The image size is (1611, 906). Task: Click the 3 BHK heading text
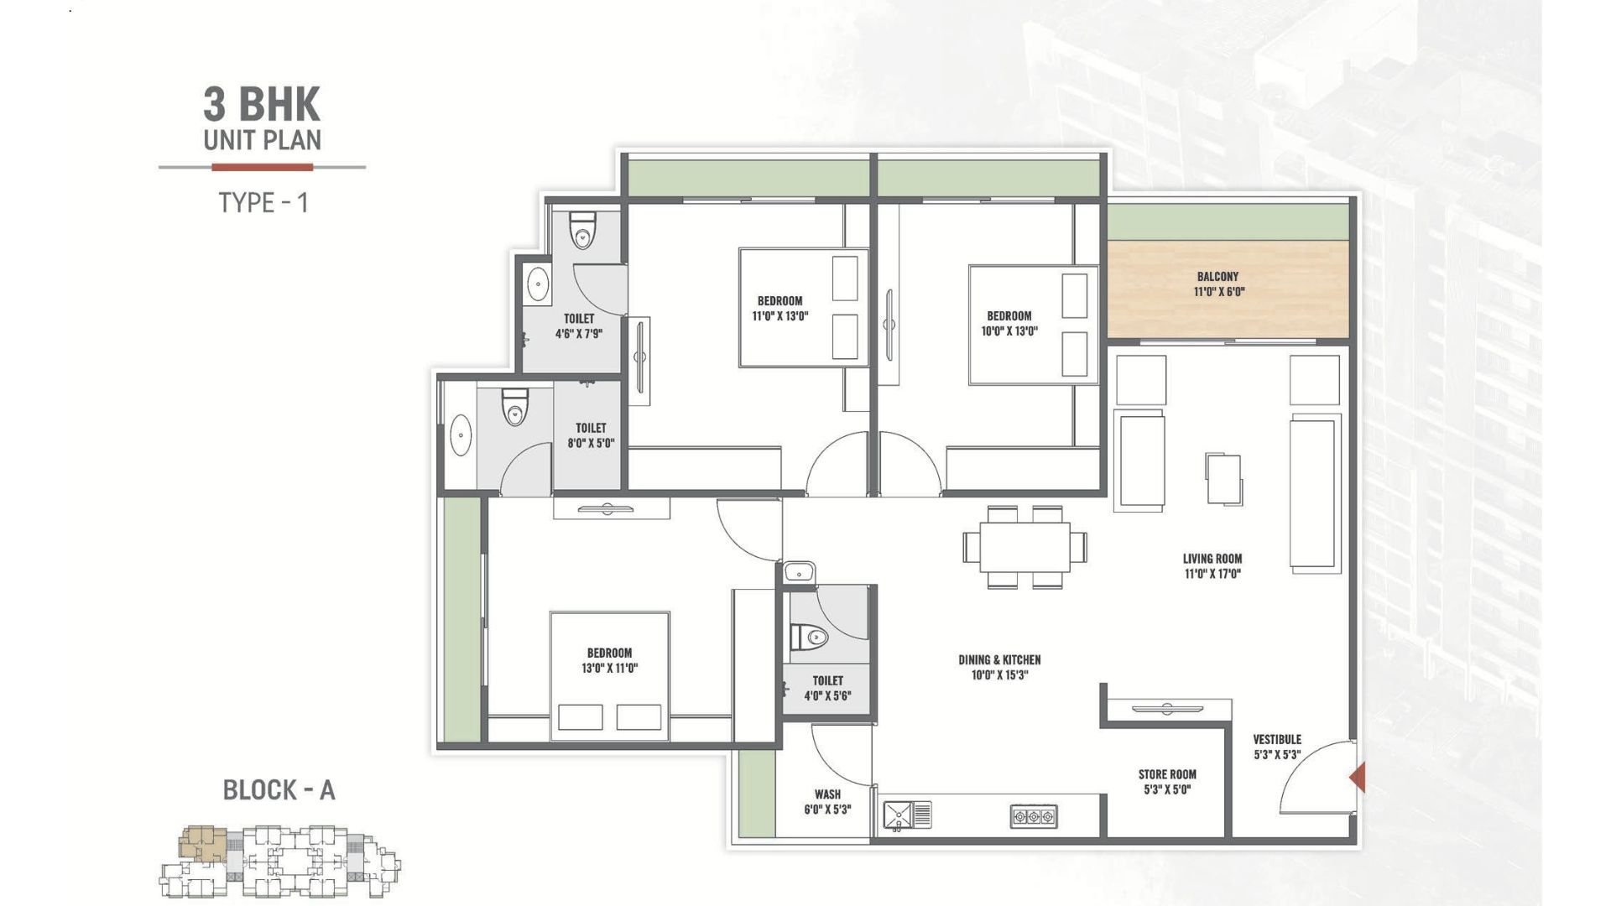pyautogui.click(x=262, y=105)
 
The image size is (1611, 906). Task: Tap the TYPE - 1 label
pyautogui.click(x=263, y=202)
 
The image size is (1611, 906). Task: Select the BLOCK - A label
pyautogui.click(x=279, y=789)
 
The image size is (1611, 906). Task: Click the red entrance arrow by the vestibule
pyautogui.click(x=1357, y=778)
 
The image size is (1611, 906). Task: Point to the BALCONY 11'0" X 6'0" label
pyautogui.click(x=1218, y=284)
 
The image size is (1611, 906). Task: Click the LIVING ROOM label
pyautogui.click(x=1212, y=559)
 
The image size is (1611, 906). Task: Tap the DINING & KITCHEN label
pyautogui.click(x=999, y=660)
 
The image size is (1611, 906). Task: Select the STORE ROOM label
pyautogui.click(x=1167, y=774)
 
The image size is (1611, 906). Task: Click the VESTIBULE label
pyautogui.click(x=1277, y=739)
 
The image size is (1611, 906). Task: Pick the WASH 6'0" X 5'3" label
pyautogui.click(x=827, y=802)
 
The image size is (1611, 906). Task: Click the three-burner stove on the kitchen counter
pyautogui.click(x=1034, y=816)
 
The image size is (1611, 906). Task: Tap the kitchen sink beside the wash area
pyautogui.click(x=907, y=815)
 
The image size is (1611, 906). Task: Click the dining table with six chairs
pyautogui.click(x=1025, y=547)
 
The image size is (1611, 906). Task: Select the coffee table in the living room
pyautogui.click(x=1224, y=479)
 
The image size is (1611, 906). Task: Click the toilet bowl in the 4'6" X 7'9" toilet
pyautogui.click(x=582, y=231)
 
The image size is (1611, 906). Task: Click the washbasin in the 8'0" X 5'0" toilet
pyautogui.click(x=461, y=436)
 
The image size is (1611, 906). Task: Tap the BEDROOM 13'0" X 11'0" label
pyautogui.click(x=610, y=661)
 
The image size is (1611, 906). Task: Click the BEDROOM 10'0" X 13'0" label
pyautogui.click(x=1009, y=324)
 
